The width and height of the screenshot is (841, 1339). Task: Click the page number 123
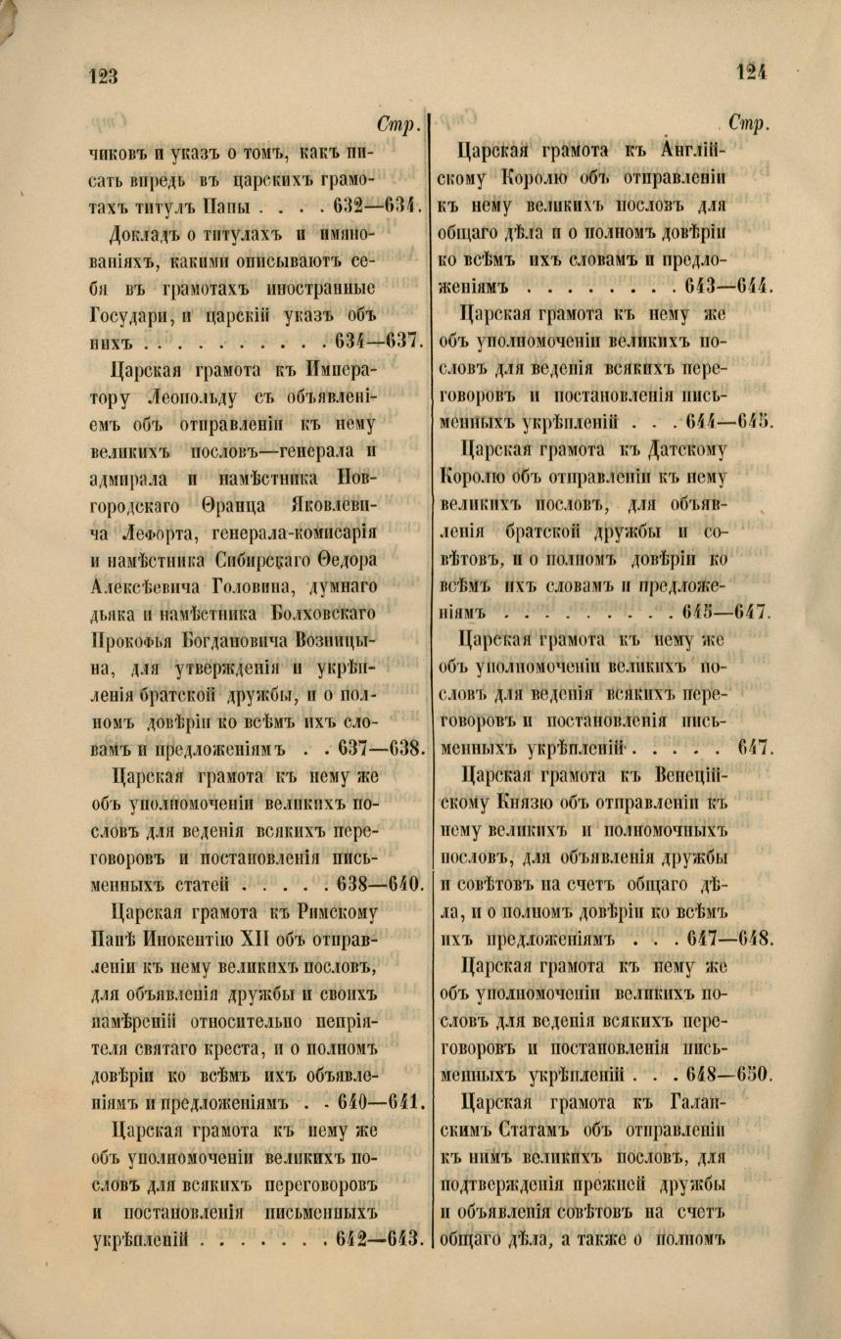coord(102,74)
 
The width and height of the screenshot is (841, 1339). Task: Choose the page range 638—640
coord(376,886)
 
